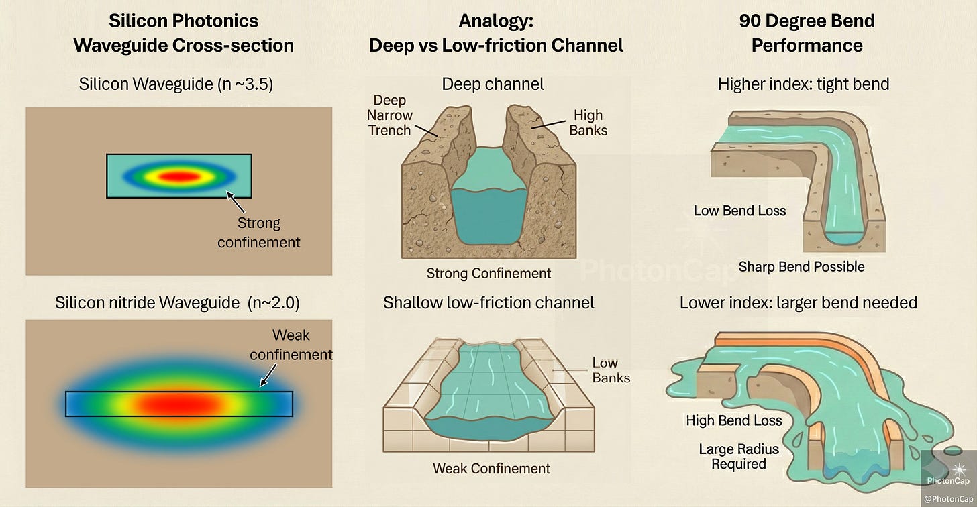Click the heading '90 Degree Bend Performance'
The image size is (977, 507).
click(x=807, y=33)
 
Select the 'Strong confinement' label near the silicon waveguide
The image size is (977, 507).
click(x=259, y=232)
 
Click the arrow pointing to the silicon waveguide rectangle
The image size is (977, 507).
click(x=236, y=201)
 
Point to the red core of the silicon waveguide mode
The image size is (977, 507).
click(x=178, y=176)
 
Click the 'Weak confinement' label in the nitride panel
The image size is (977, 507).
click(x=291, y=344)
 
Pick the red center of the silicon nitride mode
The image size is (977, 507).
click(x=178, y=404)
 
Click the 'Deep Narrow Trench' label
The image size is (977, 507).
click(x=390, y=115)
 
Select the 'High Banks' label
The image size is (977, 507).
click(x=588, y=123)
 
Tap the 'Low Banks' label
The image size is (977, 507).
click(x=611, y=370)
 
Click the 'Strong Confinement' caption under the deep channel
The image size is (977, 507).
click(x=488, y=274)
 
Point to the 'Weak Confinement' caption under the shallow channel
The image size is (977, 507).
click(x=491, y=469)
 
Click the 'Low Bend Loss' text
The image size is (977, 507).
click(x=739, y=211)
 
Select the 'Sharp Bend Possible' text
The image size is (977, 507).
click(x=801, y=267)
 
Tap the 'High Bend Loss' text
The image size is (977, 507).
click(x=733, y=421)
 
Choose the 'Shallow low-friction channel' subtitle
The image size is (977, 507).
click(x=488, y=303)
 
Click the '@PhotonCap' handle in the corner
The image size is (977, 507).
click(x=948, y=498)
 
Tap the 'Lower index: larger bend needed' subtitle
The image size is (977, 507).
click(x=798, y=303)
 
